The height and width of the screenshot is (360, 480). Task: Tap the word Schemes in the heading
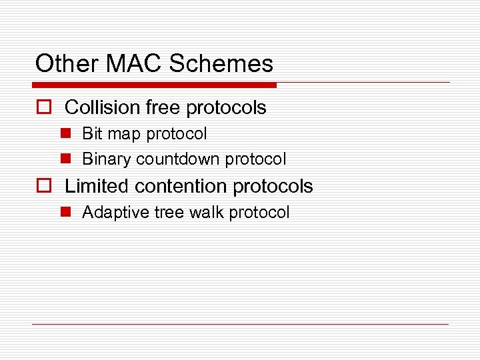(221, 64)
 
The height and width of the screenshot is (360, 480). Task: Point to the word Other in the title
(61, 64)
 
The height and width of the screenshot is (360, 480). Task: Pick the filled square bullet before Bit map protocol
(66, 134)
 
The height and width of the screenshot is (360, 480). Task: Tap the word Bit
(91, 134)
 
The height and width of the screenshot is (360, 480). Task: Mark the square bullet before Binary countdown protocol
(66, 159)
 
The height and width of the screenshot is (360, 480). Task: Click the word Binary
(107, 160)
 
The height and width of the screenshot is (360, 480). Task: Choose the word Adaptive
(112, 213)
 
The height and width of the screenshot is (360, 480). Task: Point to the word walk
(206, 213)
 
